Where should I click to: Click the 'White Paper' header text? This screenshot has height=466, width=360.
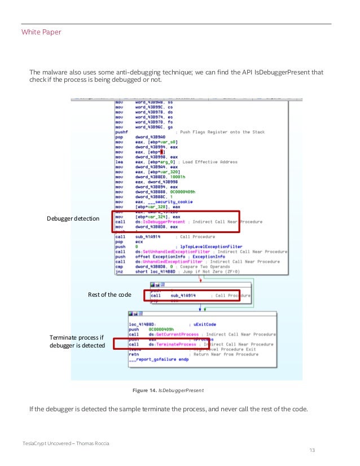[x=41, y=32]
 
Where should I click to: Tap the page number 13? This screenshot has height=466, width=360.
[x=313, y=450]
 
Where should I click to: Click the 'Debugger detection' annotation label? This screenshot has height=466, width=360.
[x=73, y=218]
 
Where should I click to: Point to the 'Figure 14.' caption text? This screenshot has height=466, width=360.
[x=144, y=390]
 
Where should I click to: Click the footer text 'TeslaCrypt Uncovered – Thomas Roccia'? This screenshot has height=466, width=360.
[x=66, y=443]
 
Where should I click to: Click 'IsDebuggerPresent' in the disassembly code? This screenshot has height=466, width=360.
[x=164, y=222]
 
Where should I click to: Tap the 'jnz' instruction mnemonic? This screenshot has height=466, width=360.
[x=119, y=271]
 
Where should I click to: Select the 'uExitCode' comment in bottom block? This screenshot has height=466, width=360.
[x=205, y=324]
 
